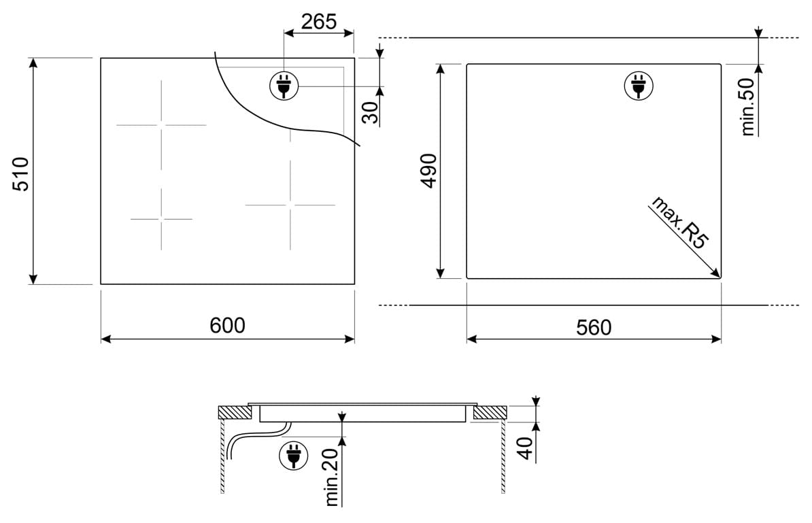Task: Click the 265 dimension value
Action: [x=319, y=22]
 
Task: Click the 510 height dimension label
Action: [x=20, y=174]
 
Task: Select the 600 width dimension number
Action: [x=227, y=325]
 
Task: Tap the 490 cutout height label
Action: [x=429, y=171]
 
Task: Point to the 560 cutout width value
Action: [x=594, y=327]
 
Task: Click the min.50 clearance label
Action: [x=748, y=107]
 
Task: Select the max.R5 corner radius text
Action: [x=679, y=222]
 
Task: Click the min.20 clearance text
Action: [x=331, y=477]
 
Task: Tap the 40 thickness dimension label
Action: [x=525, y=448]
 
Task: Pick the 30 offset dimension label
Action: [x=370, y=113]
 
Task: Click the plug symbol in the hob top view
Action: [x=284, y=86]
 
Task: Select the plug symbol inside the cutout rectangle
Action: [x=639, y=86]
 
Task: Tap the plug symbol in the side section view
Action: [x=294, y=456]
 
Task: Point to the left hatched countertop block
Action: [x=235, y=413]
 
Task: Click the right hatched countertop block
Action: [x=490, y=413]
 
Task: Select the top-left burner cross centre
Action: [x=162, y=124]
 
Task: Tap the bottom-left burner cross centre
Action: [x=162, y=219]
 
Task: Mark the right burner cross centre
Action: [x=290, y=205]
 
